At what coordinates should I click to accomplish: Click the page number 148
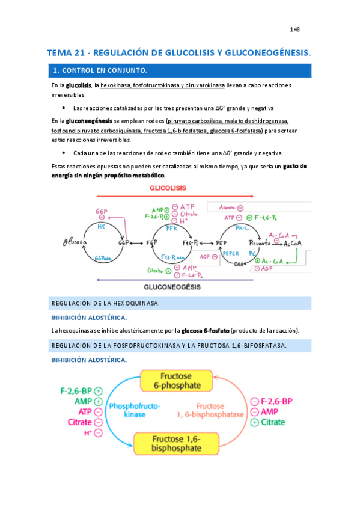294,29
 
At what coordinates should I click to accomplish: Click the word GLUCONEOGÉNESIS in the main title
265,53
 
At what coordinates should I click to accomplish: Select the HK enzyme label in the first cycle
102,226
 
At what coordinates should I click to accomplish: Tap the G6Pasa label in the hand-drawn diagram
103,259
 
